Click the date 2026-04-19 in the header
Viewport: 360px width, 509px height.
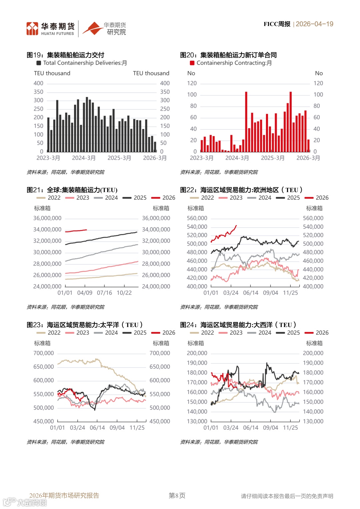(x=314, y=24)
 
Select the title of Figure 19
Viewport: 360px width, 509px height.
(x=65, y=55)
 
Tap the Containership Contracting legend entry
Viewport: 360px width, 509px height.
(x=234, y=63)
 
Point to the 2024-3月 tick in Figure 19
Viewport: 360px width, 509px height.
(x=84, y=158)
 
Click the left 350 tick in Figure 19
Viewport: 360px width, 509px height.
(x=38, y=92)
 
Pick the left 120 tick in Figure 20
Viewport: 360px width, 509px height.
(x=192, y=83)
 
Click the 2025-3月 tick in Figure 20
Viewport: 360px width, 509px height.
(x=273, y=158)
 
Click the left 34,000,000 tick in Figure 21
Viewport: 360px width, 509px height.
(x=47, y=230)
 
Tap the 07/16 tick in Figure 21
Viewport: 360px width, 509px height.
(x=104, y=293)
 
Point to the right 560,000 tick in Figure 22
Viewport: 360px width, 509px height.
(x=313, y=218)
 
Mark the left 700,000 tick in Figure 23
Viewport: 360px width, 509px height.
(x=43, y=353)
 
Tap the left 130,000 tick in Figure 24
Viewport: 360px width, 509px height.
(x=197, y=422)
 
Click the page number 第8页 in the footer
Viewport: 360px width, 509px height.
(x=177, y=496)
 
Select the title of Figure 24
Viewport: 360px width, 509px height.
(x=238, y=325)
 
